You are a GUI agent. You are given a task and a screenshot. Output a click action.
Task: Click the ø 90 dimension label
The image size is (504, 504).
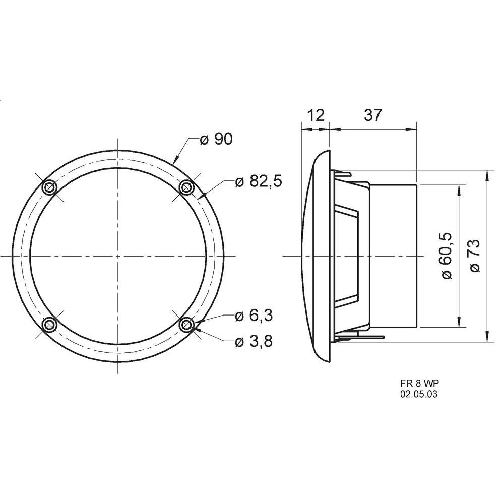point(216,139)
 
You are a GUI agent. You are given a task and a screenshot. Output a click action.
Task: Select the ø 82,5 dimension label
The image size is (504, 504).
point(259,181)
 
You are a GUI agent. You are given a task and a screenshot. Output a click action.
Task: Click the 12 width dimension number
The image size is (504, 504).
point(316,115)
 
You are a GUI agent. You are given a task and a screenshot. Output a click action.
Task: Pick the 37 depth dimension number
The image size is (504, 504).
point(372,115)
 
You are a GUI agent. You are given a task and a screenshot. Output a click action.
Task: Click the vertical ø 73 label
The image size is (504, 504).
point(475,256)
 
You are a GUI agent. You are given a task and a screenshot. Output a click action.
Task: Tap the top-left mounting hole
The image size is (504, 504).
point(50,187)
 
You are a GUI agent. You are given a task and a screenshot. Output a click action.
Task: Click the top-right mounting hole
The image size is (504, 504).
point(187,187)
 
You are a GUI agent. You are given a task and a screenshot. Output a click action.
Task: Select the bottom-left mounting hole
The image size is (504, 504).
point(50,324)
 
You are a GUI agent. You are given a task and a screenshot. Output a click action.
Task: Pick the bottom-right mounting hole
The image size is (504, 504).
point(187,324)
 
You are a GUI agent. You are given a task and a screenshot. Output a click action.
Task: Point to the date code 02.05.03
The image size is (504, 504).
point(418,395)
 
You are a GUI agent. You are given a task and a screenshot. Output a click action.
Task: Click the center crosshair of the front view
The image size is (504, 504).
point(118,256)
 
